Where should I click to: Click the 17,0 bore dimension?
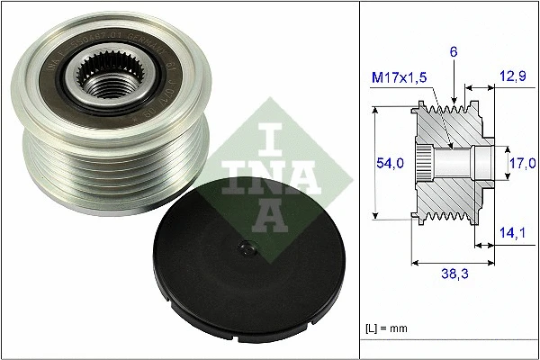[522, 162]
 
